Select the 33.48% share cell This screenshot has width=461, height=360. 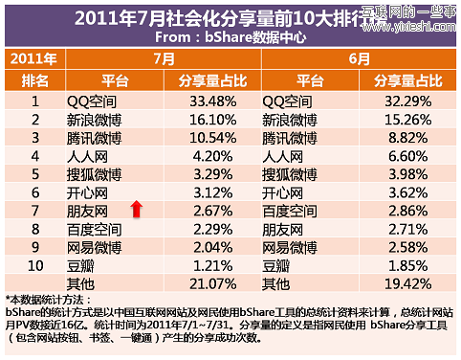[199, 100]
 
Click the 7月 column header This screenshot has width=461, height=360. [162, 58]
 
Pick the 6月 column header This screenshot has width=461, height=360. [358, 58]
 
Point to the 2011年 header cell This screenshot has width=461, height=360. [33, 58]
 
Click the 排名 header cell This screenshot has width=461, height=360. [33, 79]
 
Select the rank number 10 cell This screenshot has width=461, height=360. [33, 264]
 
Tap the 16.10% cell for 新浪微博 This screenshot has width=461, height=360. [199, 119]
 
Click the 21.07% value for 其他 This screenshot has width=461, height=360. [199, 283]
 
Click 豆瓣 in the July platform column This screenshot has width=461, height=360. [83, 264]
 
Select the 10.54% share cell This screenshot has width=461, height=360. [199, 137]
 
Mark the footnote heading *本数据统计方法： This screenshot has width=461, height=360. [54, 300]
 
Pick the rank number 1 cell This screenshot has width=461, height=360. [33, 100]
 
